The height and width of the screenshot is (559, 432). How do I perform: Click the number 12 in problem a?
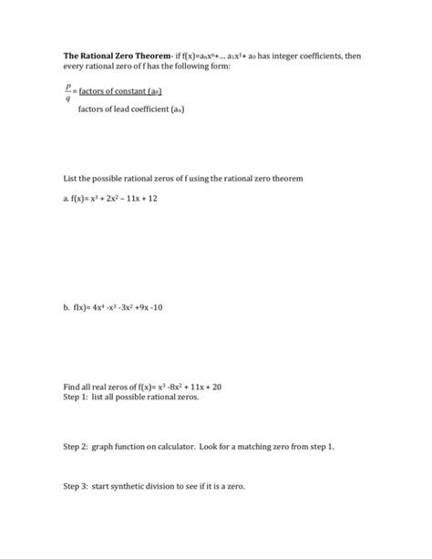click(x=164, y=198)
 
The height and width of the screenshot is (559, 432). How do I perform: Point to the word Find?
click(x=73, y=387)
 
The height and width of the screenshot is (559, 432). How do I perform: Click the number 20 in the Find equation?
click(x=216, y=387)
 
